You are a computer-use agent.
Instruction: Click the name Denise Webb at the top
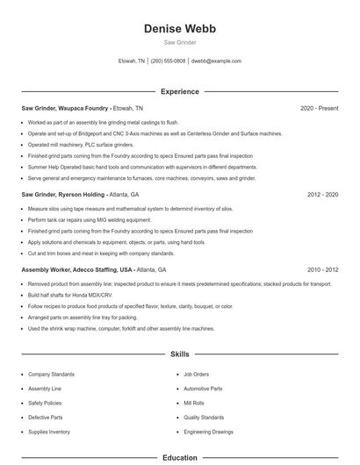[x=180, y=28]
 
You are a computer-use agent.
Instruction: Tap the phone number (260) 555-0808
[x=169, y=61]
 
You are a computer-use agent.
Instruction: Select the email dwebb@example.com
[x=216, y=61]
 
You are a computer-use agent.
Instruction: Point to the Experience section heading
[x=180, y=91]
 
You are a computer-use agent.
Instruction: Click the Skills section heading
[x=180, y=354]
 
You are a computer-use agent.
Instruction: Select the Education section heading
[x=180, y=457]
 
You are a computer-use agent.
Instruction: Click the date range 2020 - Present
[x=319, y=108]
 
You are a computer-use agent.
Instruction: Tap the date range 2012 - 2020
[x=321, y=194]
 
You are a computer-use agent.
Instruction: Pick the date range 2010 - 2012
[x=321, y=269]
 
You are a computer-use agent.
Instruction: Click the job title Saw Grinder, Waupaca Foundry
[x=65, y=108]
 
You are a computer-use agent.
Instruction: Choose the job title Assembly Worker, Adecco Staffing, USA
[x=77, y=269]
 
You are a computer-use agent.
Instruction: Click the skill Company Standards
[x=51, y=374]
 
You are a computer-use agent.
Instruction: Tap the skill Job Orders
[x=196, y=374]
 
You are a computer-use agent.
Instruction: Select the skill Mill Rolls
[x=194, y=403]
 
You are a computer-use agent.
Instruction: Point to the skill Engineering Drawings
[x=208, y=432]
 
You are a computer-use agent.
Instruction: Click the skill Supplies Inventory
[x=49, y=432]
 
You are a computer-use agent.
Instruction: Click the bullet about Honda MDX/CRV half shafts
[x=76, y=296]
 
